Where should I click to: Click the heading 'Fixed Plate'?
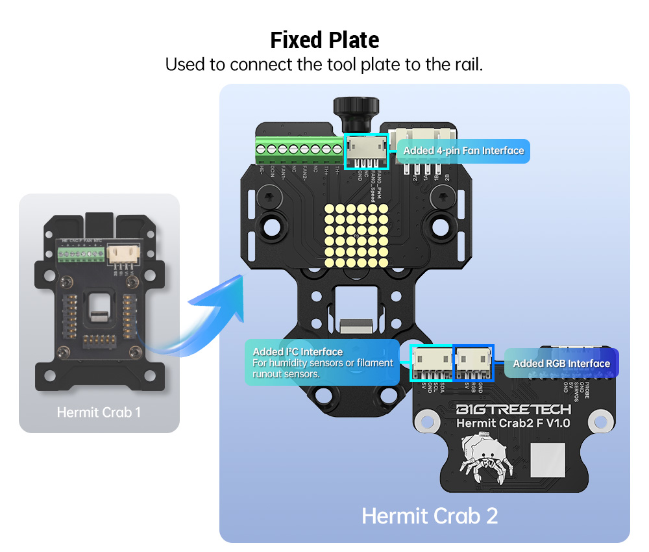324,40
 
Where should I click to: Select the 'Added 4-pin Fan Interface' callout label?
463,151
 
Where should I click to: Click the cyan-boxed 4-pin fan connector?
365,151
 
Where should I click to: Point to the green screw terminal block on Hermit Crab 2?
299,149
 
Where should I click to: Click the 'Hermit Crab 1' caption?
99,412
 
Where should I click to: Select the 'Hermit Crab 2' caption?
430,516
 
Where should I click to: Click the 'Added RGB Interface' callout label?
561,363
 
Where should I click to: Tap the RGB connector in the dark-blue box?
473,362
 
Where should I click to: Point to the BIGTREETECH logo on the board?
513,410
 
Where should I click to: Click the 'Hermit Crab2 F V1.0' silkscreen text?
513,423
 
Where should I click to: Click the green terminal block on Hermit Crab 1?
80,255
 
